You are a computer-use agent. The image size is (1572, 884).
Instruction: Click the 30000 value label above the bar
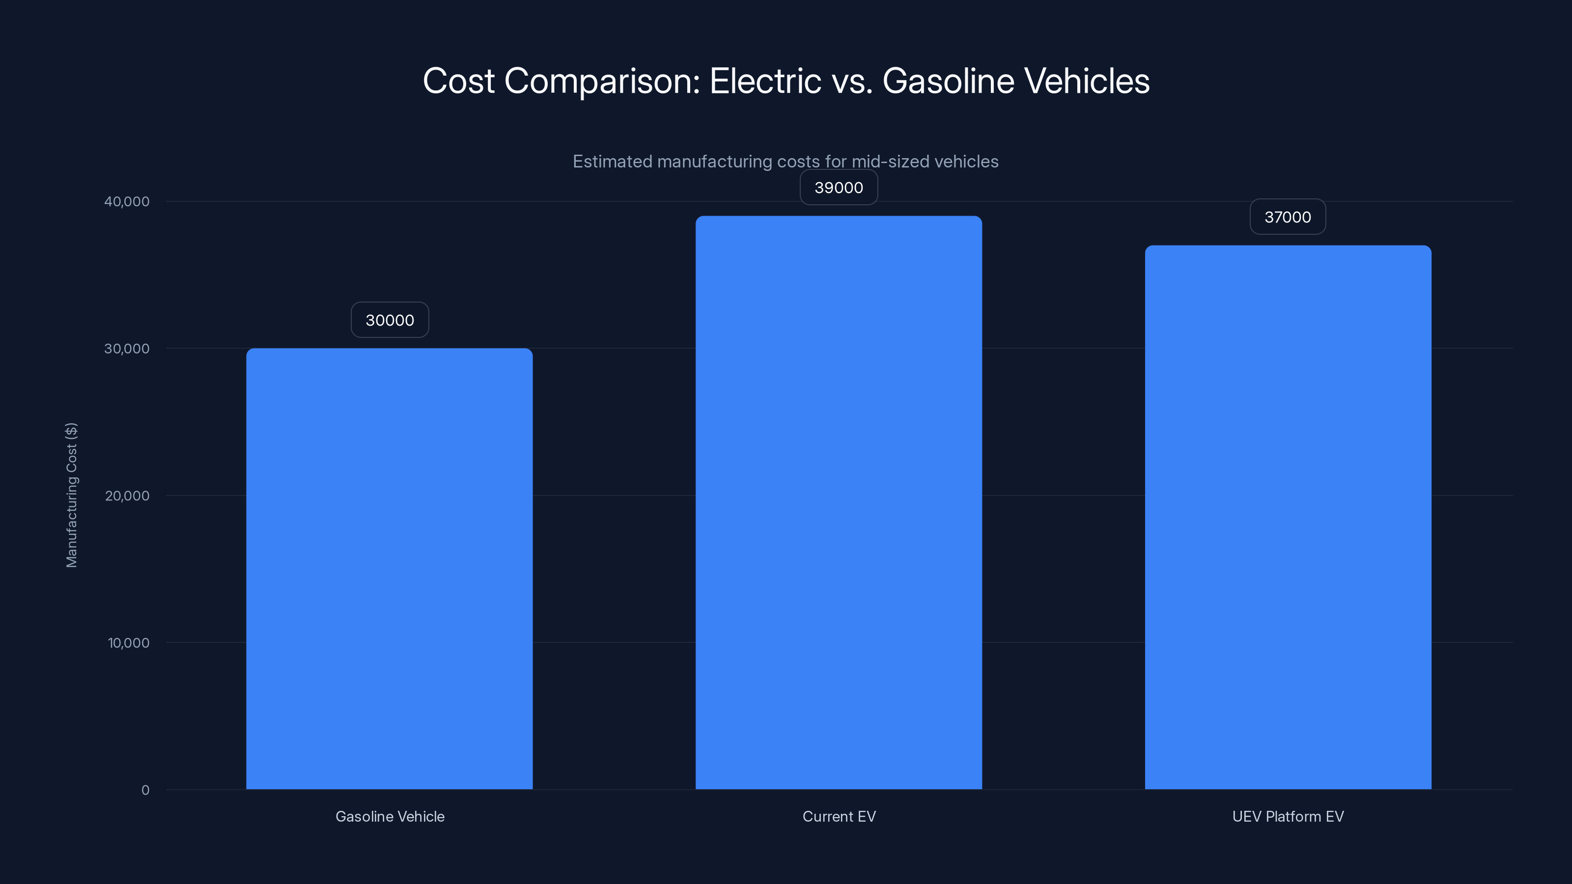[x=390, y=320]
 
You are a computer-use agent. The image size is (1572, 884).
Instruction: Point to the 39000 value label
[x=839, y=187]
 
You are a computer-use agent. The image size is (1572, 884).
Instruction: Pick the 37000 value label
[x=1288, y=217]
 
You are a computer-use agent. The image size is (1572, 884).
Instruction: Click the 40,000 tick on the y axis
[x=126, y=201]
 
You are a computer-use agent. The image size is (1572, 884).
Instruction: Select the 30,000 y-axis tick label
[x=126, y=348]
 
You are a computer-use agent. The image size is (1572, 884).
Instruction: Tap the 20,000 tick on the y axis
[x=126, y=496]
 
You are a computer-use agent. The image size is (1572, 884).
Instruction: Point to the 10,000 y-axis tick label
[x=128, y=642]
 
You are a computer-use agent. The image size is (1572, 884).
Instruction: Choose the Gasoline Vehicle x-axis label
[x=390, y=816]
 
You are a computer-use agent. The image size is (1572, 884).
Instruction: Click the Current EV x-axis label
[x=839, y=816]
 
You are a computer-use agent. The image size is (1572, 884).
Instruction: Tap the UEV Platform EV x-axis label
[x=1288, y=816]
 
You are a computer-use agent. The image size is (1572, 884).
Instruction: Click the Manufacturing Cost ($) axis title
[x=71, y=495]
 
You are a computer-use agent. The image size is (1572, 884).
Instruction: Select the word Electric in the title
[x=765, y=81]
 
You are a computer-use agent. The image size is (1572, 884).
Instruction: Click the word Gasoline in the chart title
[x=948, y=81]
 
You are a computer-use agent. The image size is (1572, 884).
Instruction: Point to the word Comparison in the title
[x=602, y=82]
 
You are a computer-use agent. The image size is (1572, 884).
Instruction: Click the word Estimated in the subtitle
[x=612, y=161]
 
